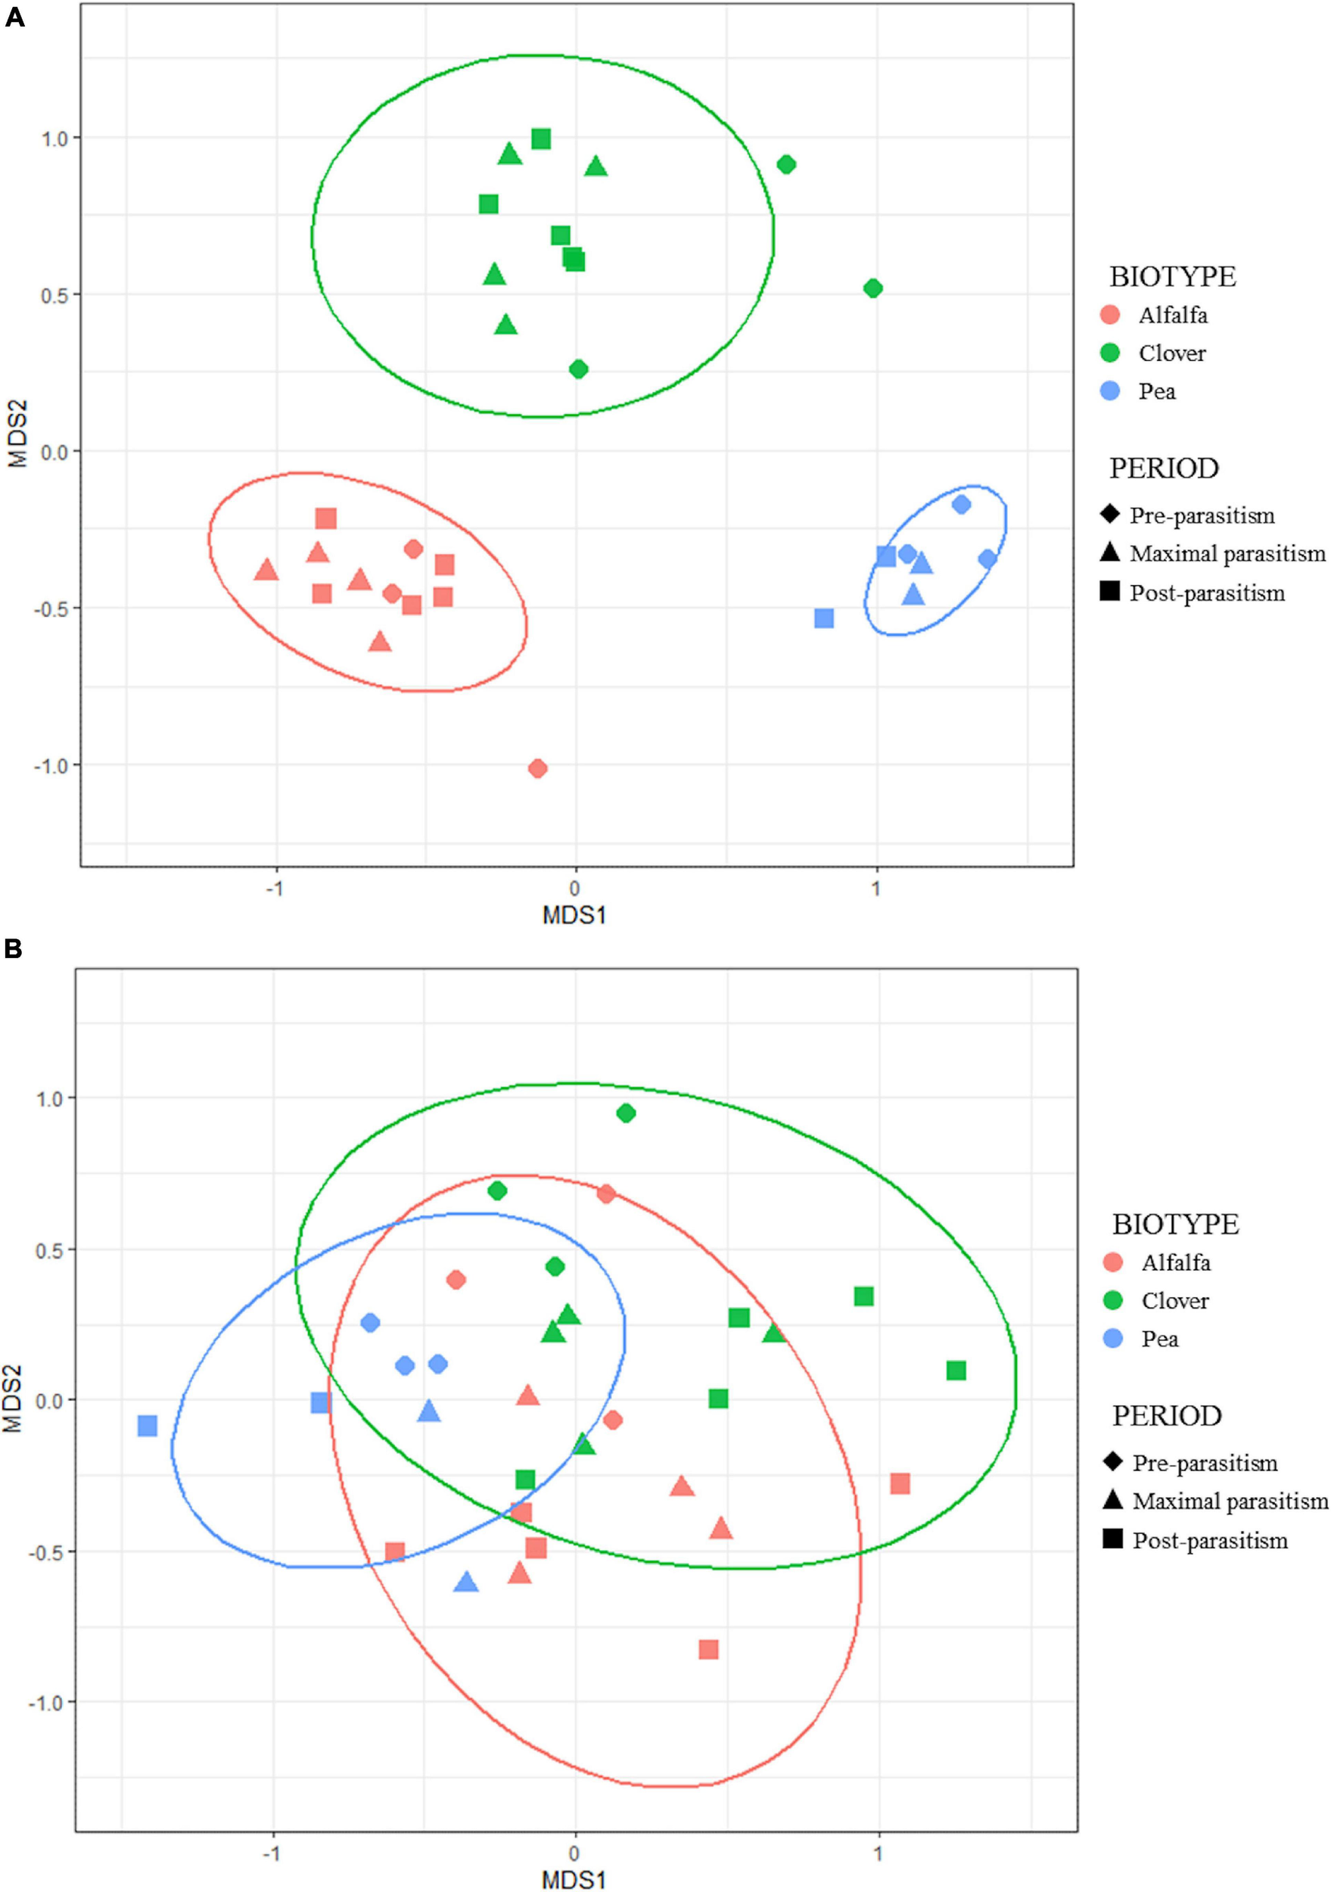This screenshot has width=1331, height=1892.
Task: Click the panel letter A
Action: (x=15, y=17)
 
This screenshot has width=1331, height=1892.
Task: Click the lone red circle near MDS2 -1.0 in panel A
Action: (x=537, y=769)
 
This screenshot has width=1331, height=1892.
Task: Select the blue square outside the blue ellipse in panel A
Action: (x=823, y=618)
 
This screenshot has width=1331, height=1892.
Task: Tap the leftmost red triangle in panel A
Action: (x=266, y=569)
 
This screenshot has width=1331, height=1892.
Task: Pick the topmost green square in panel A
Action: (x=540, y=138)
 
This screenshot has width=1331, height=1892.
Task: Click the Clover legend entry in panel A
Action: (x=1171, y=353)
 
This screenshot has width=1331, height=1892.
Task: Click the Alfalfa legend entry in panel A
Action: (x=1173, y=315)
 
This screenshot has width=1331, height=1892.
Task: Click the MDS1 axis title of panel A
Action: (x=574, y=915)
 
